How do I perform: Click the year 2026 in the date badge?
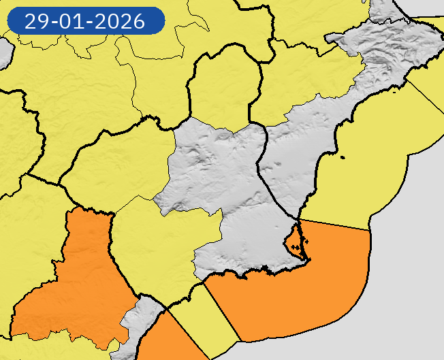point(121,21)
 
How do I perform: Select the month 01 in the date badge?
point(73,21)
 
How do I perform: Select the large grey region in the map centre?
point(225,191)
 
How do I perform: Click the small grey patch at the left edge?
point(3,51)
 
